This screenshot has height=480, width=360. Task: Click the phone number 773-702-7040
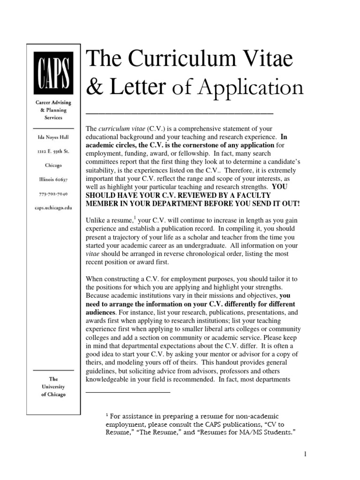coord(53,193)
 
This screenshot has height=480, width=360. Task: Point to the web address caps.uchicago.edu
coord(53,207)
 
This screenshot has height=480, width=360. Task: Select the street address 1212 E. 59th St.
coord(53,151)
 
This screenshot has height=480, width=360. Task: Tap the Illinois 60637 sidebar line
coord(53,179)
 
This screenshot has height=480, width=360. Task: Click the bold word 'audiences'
coord(101,312)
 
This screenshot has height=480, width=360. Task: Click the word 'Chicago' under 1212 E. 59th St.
coord(53,165)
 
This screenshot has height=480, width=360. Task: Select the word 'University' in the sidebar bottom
coord(53,387)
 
